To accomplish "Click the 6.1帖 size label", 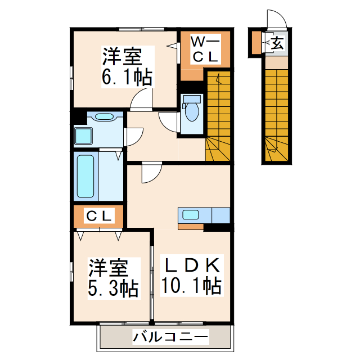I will [x=127, y=78].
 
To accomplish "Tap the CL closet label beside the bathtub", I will [x=100, y=215].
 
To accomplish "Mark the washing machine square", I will [x=84, y=137].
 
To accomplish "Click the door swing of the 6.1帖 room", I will [x=141, y=100].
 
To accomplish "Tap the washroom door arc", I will [x=134, y=137].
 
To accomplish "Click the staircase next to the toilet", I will [x=218, y=115].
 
